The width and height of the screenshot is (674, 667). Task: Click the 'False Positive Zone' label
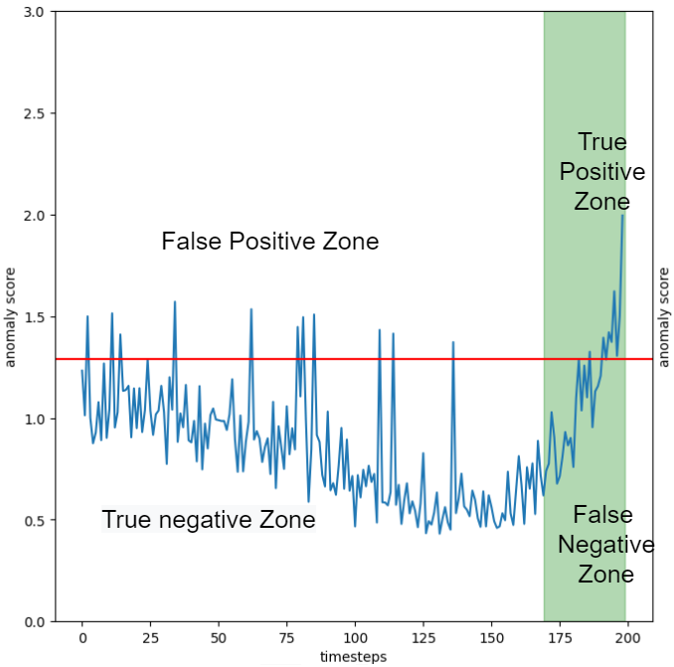point(270,241)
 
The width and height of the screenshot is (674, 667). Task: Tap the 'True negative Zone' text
point(209,519)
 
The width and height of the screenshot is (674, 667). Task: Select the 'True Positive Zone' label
point(602,172)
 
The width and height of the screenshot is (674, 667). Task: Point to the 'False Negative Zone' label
point(605,545)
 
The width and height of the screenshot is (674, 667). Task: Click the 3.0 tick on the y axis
point(34,12)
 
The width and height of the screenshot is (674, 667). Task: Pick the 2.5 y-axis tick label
point(34,113)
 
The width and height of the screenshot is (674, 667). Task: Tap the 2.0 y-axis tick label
point(34,216)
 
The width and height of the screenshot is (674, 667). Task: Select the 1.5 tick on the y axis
point(34,317)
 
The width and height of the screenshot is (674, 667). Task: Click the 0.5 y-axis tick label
point(34,521)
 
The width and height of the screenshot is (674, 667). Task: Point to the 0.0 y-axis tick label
point(34,622)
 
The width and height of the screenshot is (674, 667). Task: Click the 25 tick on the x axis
point(150,638)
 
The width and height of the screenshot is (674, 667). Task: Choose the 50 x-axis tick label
point(219,638)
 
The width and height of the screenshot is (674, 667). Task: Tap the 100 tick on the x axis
point(355,638)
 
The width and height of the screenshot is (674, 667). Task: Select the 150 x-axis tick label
point(491,638)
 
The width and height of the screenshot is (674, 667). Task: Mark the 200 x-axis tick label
point(627,638)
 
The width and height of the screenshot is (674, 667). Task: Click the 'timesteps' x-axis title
point(353,657)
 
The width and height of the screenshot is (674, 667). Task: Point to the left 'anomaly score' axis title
point(10,318)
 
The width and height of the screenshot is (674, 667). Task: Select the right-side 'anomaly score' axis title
point(664,318)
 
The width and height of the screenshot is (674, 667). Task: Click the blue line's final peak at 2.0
point(622,216)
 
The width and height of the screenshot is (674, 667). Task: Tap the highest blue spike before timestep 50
point(175,302)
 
